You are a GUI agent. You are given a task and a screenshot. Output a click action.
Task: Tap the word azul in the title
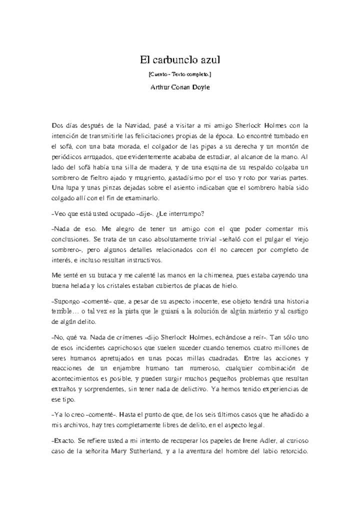click(x=209, y=60)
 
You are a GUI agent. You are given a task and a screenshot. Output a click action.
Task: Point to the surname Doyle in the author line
click(x=199, y=87)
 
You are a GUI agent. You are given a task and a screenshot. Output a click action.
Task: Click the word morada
click(x=133, y=146)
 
